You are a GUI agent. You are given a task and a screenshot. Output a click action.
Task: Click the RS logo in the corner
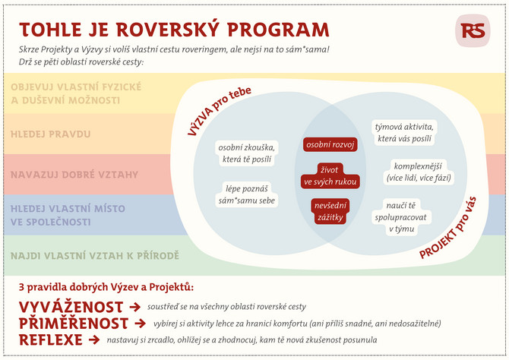pos(473,30)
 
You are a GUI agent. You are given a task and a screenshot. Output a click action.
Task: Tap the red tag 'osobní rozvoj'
pos(330,144)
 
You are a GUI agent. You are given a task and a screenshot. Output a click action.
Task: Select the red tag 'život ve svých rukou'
pos(330,175)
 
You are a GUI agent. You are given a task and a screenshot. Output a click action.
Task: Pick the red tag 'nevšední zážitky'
pos(330,211)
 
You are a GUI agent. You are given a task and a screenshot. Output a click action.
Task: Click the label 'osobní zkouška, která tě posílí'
pos(246,153)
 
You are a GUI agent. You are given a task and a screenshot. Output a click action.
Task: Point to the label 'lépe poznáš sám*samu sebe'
pos(247,194)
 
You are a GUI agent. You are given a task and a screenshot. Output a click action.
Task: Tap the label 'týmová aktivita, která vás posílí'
pos(404,133)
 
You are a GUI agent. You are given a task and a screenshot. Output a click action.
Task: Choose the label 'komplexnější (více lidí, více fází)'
pos(419,172)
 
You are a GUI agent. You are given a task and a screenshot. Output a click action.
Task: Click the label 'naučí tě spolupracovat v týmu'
pos(401,217)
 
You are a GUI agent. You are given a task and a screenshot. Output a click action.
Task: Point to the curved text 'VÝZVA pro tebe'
pos(219,110)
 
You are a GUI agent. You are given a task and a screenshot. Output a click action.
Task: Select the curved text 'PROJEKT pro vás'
pos(448,228)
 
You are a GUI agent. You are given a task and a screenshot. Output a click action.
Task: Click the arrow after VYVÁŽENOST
pos(135,307)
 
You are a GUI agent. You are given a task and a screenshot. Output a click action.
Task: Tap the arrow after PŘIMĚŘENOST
pos(141,324)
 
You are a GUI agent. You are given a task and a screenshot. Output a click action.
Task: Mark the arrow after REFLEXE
pos(94,340)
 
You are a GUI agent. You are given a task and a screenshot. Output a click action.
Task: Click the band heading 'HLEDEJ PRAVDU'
pos(51,134)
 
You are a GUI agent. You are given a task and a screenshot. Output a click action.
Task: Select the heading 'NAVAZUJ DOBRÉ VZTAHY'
pos(74,175)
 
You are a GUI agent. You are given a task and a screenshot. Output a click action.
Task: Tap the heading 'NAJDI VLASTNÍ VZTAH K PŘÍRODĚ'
pos(95,255)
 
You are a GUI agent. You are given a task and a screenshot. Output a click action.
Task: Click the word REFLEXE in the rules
pos(51,340)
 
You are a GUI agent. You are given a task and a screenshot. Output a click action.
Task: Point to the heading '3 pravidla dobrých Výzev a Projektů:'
pos(106,287)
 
